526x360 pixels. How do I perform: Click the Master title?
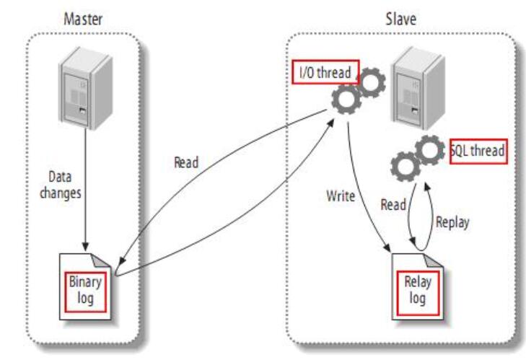(x=84, y=18)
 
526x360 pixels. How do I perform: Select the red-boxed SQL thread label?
(x=477, y=151)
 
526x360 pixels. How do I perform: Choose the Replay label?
(x=452, y=222)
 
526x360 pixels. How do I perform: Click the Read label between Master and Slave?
(x=187, y=163)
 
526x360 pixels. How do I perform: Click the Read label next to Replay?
(x=394, y=204)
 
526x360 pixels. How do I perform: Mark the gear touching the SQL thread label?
(x=431, y=151)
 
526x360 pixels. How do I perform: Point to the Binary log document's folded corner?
(x=105, y=261)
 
